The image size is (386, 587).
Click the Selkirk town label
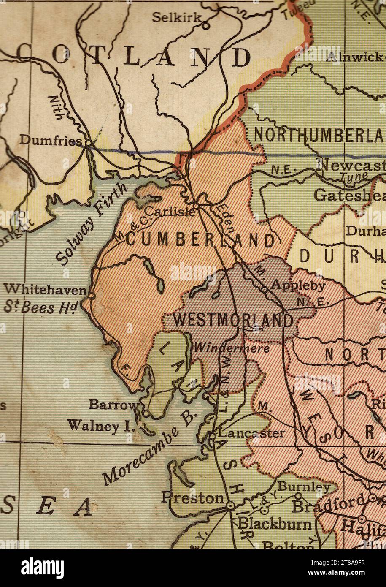click(x=173, y=18)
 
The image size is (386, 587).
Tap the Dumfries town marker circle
click(x=89, y=143)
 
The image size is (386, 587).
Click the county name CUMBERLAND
click(x=200, y=240)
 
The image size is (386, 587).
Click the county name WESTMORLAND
click(x=233, y=321)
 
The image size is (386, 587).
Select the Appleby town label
click(x=298, y=285)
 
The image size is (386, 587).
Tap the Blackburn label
click(x=275, y=524)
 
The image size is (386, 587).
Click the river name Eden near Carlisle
click(x=226, y=218)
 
